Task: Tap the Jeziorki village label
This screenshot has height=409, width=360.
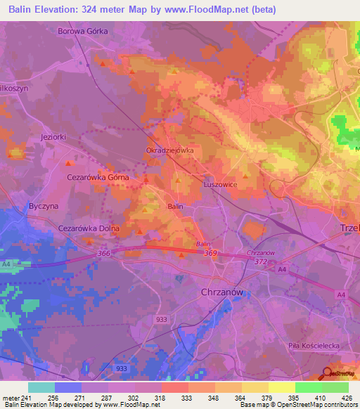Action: [x=53, y=137]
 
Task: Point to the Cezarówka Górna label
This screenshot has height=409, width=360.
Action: [x=98, y=178]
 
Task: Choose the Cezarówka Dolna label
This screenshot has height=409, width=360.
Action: [x=89, y=228]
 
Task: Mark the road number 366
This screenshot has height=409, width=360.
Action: [x=105, y=254]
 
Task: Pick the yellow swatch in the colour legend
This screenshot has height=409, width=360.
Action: [x=281, y=387]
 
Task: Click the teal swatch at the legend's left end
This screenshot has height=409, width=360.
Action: [x=41, y=387]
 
